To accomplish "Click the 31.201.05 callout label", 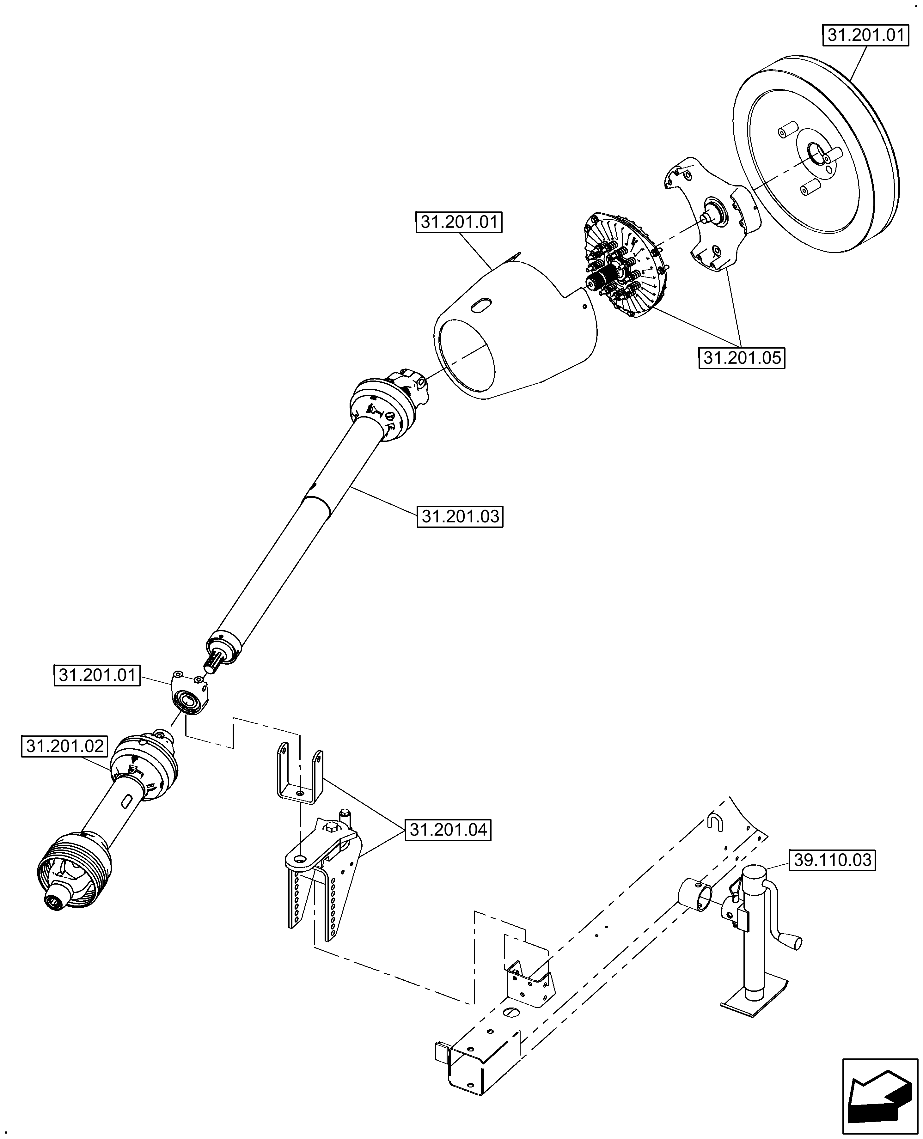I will (742, 358).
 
